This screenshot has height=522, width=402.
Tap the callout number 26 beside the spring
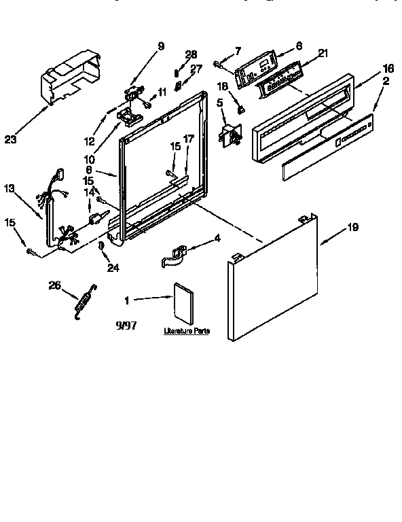(x=54, y=285)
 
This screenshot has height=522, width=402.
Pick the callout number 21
(x=323, y=54)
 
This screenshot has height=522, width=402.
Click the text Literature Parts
(x=185, y=332)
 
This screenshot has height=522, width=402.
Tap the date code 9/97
(x=126, y=326)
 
